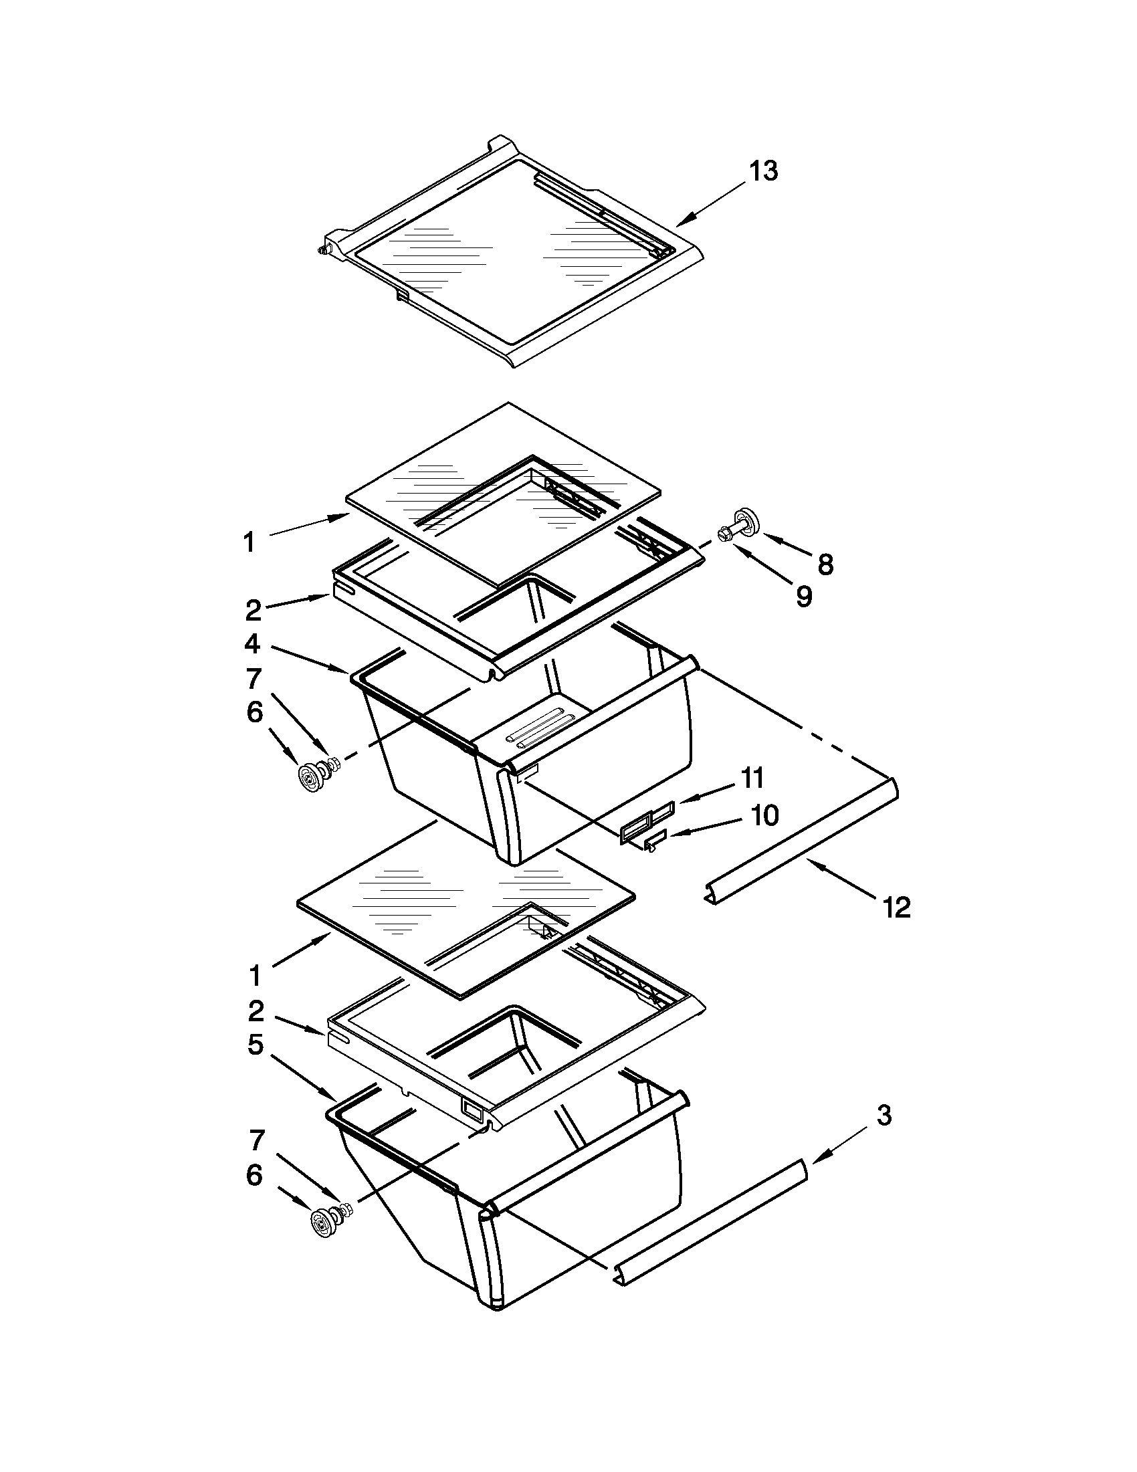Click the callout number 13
(764, 171)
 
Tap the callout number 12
(896, 908)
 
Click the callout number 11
(752, 778)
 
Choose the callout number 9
(803, 596)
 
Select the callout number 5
(255, 1045)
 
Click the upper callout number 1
(249, 542)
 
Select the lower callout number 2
(255, 1011)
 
